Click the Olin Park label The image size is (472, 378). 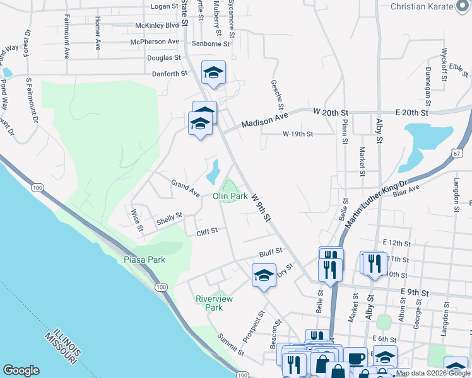point(230,197)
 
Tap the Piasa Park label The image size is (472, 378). point(144,260)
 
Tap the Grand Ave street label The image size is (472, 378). point(185,188)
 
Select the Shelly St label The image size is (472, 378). point(169,219)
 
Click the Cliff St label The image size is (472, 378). point(206,231)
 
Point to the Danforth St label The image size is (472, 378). point(170,74)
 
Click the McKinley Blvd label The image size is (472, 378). point(157,26)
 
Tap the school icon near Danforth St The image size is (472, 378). point(213,72)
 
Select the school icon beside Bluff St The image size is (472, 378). point(264,275)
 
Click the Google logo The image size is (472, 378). point(21,370)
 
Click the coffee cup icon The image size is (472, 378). point(356,358)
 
